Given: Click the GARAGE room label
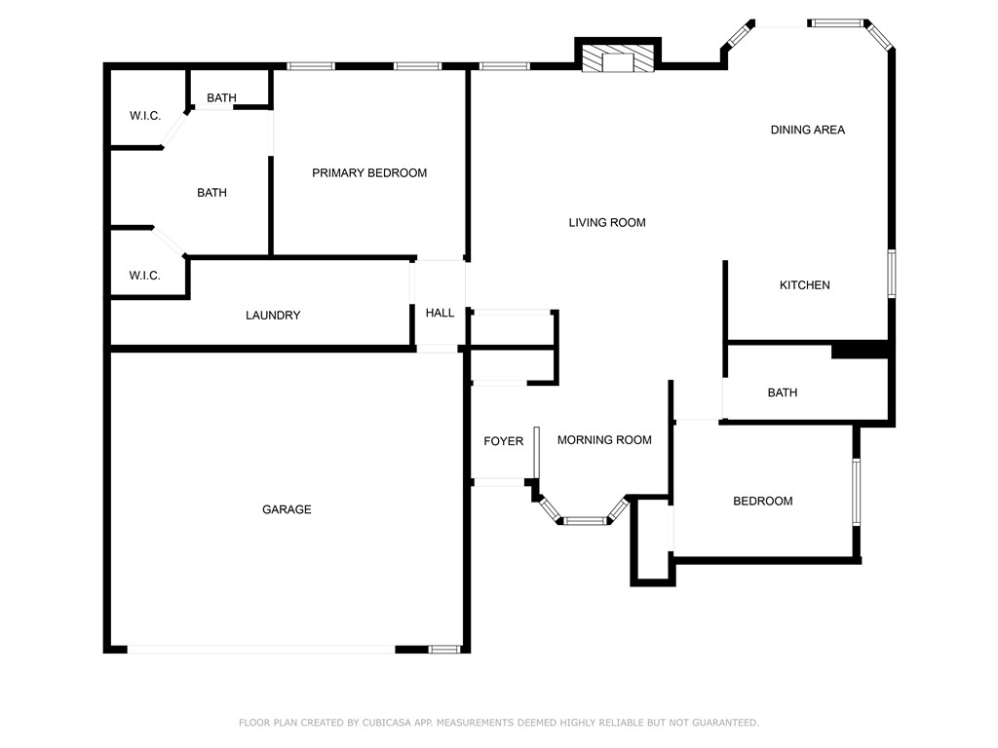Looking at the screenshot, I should (x=287, y=509).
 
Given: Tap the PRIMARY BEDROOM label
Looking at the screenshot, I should (x=369, y=173).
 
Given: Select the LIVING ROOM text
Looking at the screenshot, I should (x=607, y=223).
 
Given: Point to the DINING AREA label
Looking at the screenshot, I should (x=807, y=130).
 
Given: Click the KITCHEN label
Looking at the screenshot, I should (x=804, y=285).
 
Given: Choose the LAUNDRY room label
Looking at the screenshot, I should (x=273, y=316).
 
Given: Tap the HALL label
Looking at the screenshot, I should (x=440, y=313).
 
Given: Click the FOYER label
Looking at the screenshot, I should (x=503, y=441).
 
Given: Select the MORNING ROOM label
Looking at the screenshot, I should (x=604, y=440).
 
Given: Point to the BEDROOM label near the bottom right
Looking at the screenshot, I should (x=762, y=501).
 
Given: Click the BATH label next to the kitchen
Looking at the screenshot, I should (x=782, y=393).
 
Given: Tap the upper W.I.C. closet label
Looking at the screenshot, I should (x=145, y=116).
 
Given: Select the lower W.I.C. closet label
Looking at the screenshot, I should (x=145, y=276).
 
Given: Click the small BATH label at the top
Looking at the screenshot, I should (x=221, y=98).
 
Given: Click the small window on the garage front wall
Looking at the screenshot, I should (x=444, y=649).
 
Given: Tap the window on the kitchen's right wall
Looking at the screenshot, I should (x=891, y=274).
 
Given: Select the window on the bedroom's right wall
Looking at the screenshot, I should (x=857, y=492).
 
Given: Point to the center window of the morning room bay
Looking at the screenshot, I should (x=585, y=521).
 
